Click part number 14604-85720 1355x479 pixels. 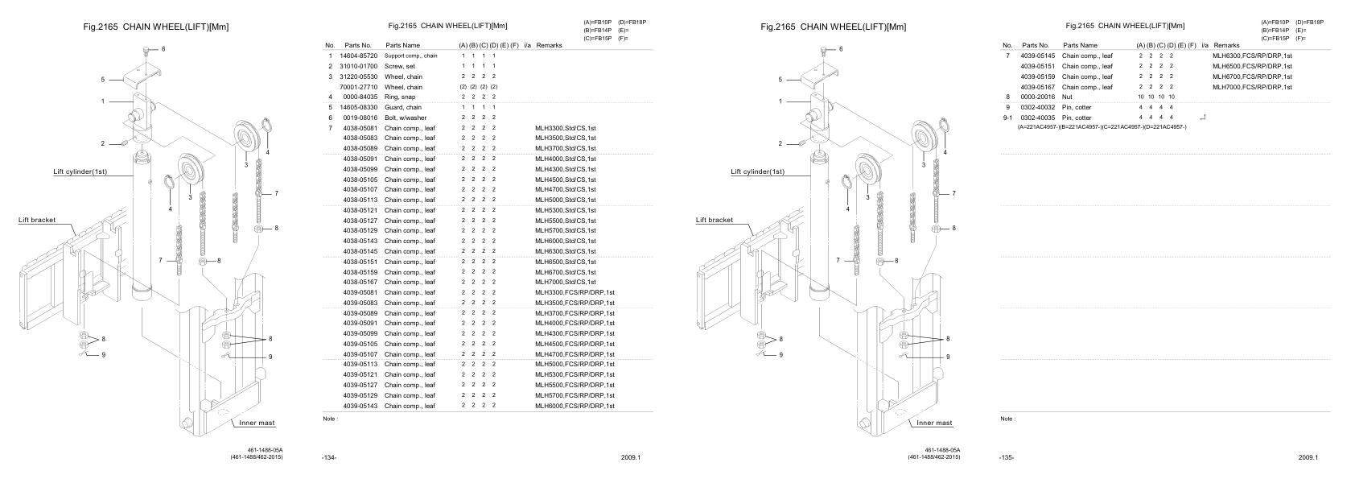tap(359, 56)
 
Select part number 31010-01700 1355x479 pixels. tap(359, 66)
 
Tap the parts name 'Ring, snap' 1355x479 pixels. tap(401, 97)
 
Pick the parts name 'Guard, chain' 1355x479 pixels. tap(403, 107)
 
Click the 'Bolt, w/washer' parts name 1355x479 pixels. tap(406, 118)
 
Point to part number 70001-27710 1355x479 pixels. tap(359, 87)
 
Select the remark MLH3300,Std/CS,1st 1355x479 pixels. tap(565, 128)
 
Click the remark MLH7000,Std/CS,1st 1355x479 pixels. tap(565, 283)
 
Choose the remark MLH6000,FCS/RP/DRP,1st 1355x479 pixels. tap(575, 406)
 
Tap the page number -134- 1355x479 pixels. tap(328, 457)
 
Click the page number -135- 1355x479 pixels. tap(1006, 457)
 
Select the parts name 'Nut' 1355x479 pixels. tap(1068, 97)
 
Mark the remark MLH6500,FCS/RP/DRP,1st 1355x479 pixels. tap(1252, 66)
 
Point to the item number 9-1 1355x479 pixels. tap(1007, 118)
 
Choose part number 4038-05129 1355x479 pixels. tap(359, 231)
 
